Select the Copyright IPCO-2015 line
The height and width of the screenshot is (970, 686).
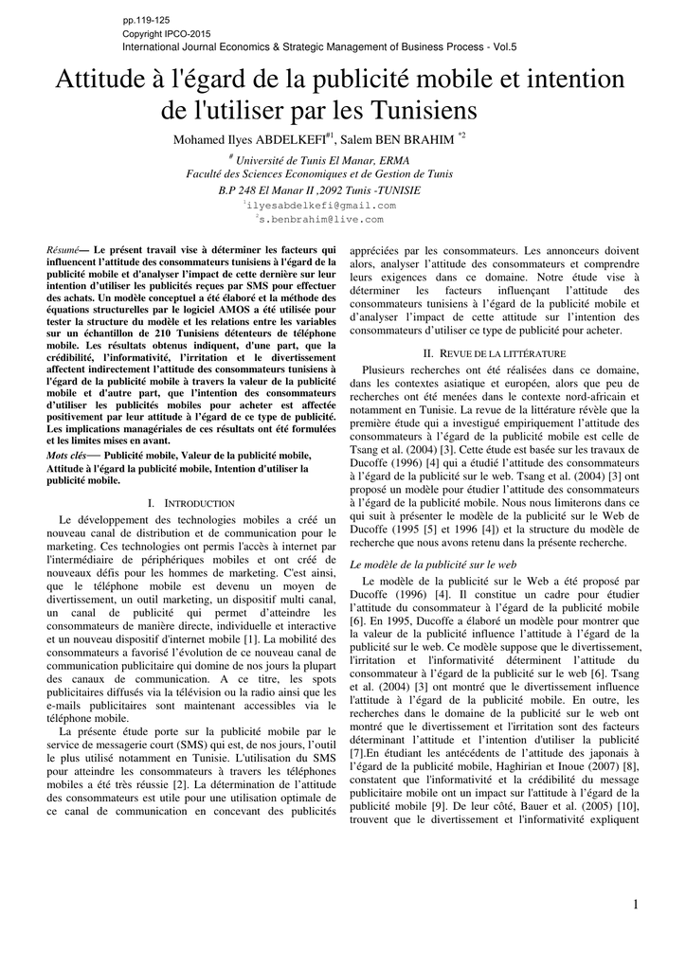click(167, 33)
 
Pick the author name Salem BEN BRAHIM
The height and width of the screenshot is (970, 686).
click(402, 140)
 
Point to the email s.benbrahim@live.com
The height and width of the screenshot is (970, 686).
click(322, 219)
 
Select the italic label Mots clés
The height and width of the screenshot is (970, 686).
click(65, 456)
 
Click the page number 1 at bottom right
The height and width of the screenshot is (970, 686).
click(636, 907)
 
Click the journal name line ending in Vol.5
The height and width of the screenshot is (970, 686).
click(320, 46)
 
